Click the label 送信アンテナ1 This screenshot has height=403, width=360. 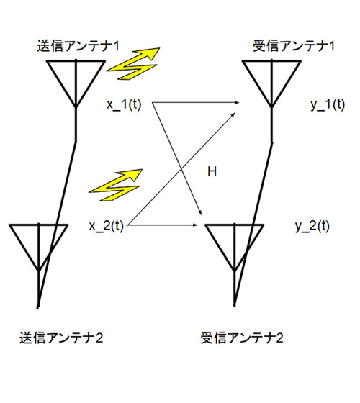pos(78,46)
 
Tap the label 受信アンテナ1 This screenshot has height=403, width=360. pos(294,46)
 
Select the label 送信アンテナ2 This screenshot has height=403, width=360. pos(61,338)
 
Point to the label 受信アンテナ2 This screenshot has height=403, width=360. pos(242,338)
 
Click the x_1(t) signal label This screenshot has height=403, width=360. pos(124,104)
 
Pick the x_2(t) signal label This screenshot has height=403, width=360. pos(107,226)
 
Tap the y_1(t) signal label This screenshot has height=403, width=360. pos(328,104)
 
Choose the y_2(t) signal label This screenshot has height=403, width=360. pos(312,226)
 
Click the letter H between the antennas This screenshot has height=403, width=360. pos(212,171)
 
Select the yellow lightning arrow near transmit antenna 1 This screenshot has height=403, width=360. pos(134,64)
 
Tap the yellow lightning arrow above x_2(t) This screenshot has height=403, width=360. pos(116,186)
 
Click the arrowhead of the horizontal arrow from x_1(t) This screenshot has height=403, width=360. pos(237,103)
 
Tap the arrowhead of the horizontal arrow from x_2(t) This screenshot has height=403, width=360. pos(195,225)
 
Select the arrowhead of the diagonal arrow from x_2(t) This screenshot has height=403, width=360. pos(233,114)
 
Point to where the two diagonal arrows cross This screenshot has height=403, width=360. pos(181,168)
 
